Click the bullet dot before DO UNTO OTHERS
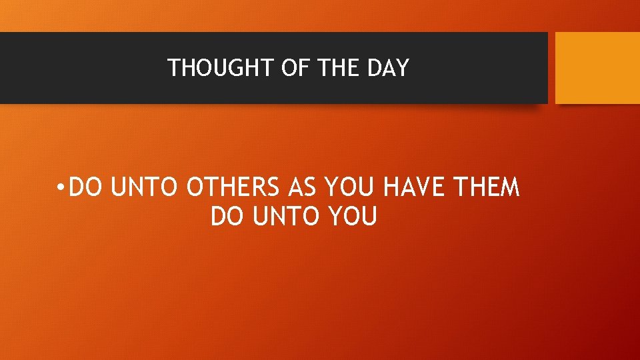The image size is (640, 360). (60, 189)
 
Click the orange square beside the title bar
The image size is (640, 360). (597, 68)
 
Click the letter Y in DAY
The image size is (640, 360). (401, 68)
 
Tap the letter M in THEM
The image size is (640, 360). (509, 189)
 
